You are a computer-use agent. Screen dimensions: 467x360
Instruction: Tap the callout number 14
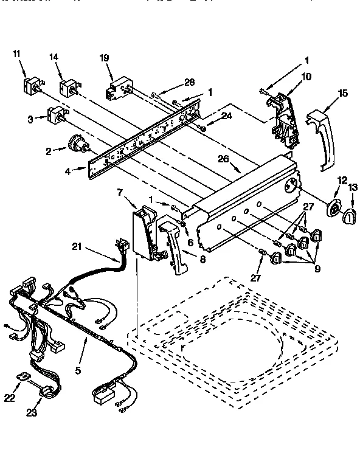click(54, 57)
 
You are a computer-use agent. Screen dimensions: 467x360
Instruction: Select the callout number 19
click(104, 58)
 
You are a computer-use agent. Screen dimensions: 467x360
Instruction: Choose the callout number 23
click(31, 413)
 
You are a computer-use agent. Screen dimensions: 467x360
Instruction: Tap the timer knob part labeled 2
click(78, 144)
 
